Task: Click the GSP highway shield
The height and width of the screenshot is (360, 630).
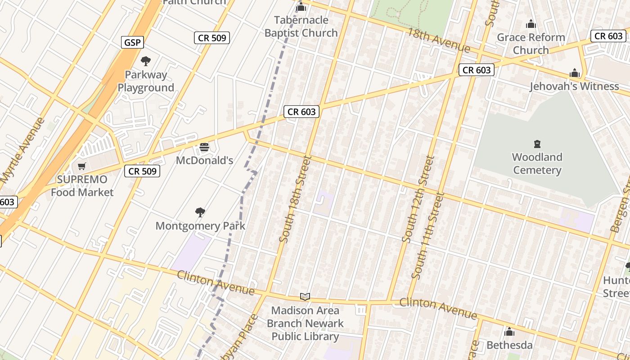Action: (132, 42)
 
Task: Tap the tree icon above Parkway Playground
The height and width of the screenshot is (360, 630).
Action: (145, 61)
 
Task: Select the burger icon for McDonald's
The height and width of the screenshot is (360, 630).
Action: (204, 147)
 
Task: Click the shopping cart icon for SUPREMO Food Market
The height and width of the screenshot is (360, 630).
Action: (82, 166)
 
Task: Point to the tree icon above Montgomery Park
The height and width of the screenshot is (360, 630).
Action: (200, 212)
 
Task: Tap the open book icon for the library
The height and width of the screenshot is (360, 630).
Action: (305, 297)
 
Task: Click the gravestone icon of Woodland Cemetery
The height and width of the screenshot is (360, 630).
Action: (537, 144)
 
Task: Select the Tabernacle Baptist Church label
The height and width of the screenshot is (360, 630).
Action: (301, 27)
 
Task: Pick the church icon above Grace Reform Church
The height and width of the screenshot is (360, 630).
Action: (531, 24)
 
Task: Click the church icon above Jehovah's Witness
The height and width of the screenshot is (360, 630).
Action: (575, 73)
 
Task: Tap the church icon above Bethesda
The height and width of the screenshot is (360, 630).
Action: (509, 332)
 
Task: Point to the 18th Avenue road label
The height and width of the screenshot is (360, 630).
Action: (439, 40)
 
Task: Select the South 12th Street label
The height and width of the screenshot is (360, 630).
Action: (418, 199)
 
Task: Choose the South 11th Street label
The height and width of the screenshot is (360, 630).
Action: (427, 235)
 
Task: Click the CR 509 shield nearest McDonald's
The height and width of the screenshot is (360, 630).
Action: (143, 171)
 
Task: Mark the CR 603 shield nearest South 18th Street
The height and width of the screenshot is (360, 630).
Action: (301, 112)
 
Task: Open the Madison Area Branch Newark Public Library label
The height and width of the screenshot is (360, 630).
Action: (305, 323)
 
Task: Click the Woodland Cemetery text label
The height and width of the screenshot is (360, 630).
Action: (537, 163)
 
